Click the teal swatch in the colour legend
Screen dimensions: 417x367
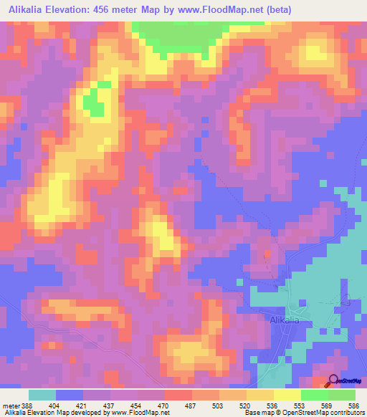(x=42, y=395)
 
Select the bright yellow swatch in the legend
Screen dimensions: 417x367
(x=287, y=395)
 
